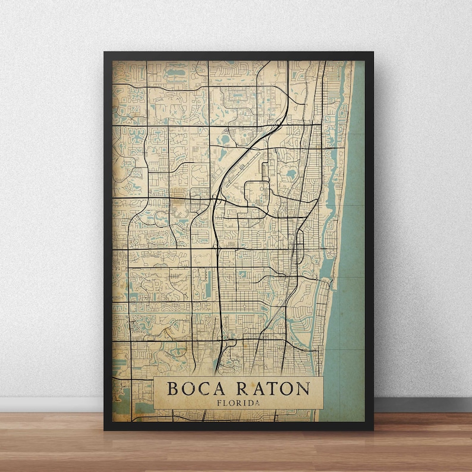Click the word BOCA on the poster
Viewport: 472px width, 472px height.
[192, 389]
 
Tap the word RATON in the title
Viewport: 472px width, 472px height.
[273, 389]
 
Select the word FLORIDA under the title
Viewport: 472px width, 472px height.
[238, 403]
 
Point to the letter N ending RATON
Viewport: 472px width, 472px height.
[303, 389]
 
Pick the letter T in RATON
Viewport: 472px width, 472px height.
[270, 389]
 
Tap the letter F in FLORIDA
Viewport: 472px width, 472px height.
[219, 403]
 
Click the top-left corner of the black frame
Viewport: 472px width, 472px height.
[105, 53]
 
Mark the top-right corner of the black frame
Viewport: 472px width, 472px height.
[373, 53]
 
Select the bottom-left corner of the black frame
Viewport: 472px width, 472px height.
[105, 429]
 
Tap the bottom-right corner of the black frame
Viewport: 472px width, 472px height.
[373, 429]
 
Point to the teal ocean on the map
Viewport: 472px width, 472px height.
[351, 238]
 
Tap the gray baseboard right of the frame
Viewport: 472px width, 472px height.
[422, 404]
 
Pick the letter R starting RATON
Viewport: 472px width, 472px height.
[241, 389]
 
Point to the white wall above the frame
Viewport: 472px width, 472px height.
[238, 24]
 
